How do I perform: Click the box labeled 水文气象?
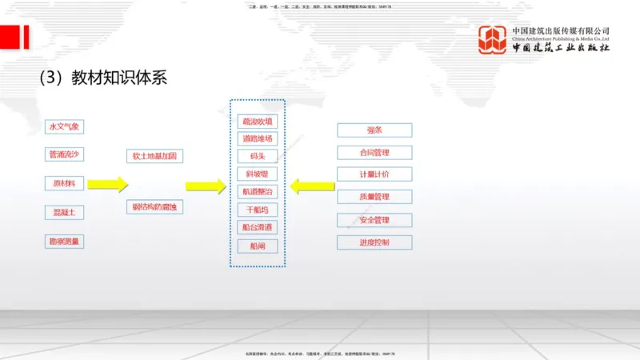pos(64,126)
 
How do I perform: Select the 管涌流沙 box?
pos(64,154)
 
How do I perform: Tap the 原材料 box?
pos(64,183)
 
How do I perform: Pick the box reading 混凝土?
pos(64,212)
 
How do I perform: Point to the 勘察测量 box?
pos(64,241)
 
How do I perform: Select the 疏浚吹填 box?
pos(258,122)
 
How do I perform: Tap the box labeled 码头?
pos(258,157)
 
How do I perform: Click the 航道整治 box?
pos(258,192)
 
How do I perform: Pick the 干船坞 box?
pos(258,210)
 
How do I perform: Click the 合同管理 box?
pos(374,152)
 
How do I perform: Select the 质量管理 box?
pos(374,197)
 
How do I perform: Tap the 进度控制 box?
pos(374,242)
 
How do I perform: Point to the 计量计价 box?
pos(374,174)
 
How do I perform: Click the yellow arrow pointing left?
pos(312,186)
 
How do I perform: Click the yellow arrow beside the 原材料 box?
pos(107,185)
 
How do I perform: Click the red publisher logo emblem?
pos(493,40)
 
